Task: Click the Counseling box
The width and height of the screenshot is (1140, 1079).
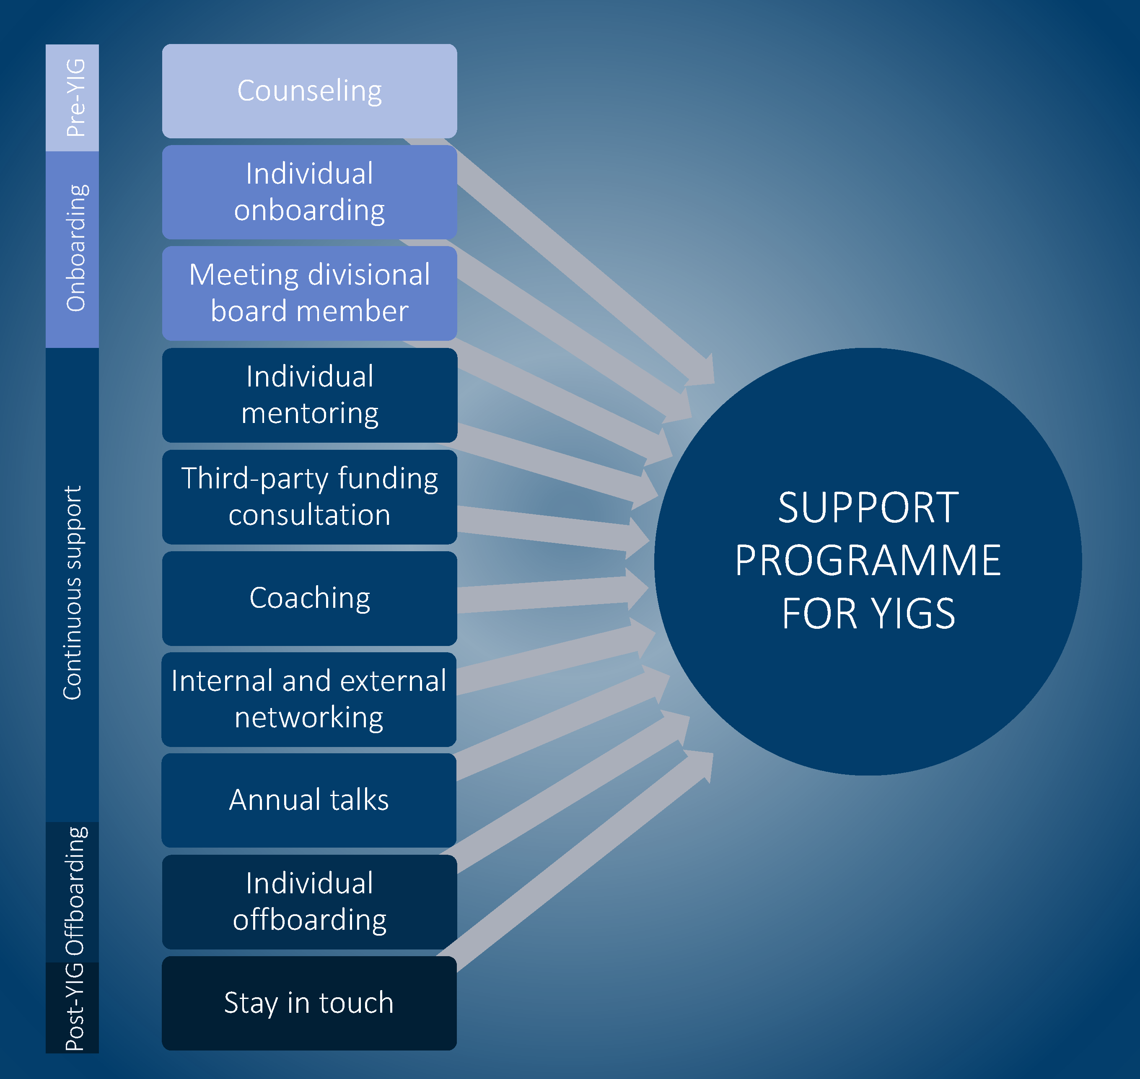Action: coord(309,91)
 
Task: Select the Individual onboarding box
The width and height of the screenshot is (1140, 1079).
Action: coord(309,192)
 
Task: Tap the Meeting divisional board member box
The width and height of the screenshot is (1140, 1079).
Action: coord(309,293)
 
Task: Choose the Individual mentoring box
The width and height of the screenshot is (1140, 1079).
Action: coord(309,395)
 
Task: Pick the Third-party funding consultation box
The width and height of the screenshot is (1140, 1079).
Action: coord(309,497)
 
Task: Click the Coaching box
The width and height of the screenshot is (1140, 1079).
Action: coord(309,598)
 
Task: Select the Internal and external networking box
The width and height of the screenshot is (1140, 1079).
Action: coord(309,699)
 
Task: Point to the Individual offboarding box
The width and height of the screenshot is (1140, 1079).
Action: coord(309,901)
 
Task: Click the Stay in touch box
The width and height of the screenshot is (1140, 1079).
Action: coord(309,1003)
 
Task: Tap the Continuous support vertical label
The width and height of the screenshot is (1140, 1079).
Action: coord(73,592)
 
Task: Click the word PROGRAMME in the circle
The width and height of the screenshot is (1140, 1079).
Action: coord(868,561)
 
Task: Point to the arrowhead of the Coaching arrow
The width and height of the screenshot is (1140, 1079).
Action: coord(637,589)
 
